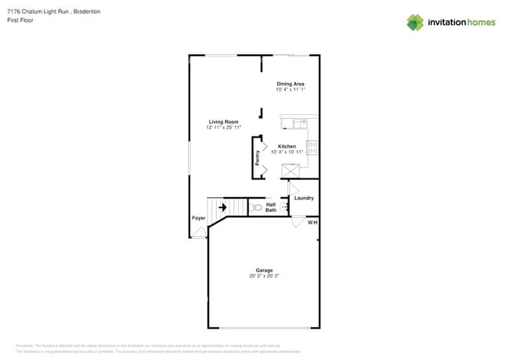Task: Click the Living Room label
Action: (223, 121)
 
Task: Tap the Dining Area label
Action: (290, 84)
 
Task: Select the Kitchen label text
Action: (287, 146)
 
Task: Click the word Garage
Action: (264, 270)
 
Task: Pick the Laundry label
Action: (304, 198)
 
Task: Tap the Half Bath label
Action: (271, 207)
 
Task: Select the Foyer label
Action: (199, 218)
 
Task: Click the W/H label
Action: (312, 223)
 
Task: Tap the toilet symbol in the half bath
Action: (257, 207)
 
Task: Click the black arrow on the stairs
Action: (222, 207)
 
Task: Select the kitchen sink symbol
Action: (299, 124)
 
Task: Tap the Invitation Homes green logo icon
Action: (415, 22)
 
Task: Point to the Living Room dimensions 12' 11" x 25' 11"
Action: (223, 127)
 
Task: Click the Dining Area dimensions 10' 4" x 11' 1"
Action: (290, 90)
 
